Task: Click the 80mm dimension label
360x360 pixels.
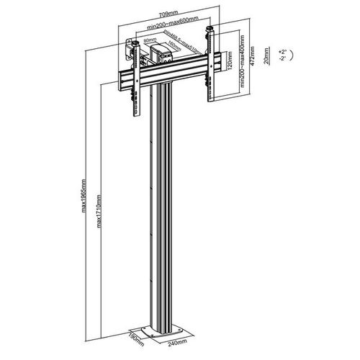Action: [149, 41]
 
